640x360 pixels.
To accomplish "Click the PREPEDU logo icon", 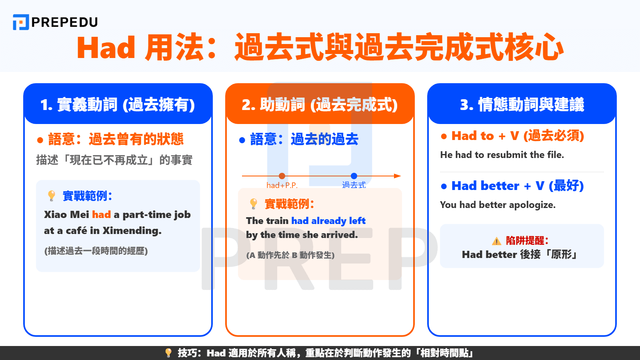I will (21, 22).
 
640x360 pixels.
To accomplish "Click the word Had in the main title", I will (106, 48).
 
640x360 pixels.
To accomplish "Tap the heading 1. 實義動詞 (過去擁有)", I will (118, 105).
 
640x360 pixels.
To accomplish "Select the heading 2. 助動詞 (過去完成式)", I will (320, 105).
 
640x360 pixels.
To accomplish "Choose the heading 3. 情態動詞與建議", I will (522, 105).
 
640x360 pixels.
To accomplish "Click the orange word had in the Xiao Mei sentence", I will (101, 215).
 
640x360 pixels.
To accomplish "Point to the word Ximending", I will (132, 231).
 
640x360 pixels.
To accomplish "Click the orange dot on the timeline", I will (282, 176).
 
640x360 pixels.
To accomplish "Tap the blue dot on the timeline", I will (354, 176).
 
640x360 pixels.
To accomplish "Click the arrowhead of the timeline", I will (397, 176).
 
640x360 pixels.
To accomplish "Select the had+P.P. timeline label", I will (282, 185).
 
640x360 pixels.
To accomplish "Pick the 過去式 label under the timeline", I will (354, 185).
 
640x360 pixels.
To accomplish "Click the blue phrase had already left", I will (328, 221).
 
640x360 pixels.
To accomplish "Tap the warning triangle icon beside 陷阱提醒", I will (496, 241).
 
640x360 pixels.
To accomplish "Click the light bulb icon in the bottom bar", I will (168, 353).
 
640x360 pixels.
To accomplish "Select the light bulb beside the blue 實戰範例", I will (52, 196).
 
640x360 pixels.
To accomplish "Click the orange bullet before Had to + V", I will (444, 136).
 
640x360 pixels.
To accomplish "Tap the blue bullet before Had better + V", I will (444, 186).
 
